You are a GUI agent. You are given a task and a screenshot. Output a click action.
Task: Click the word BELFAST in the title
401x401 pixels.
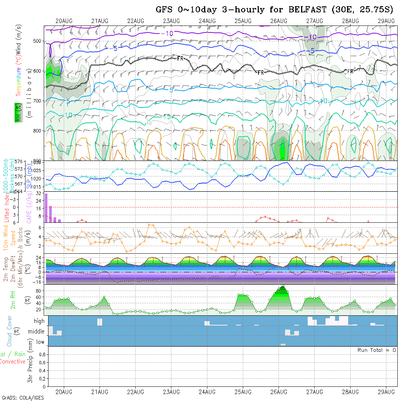pos(308,10)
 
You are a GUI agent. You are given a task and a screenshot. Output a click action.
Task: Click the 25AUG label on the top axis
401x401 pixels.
pos(243,21)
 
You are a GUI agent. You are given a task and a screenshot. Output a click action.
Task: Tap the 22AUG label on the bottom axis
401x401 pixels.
pos(135,392)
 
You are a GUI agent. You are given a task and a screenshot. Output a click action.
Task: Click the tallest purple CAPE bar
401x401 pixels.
pos(46,208)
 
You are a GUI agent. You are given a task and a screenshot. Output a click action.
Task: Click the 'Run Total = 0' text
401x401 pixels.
pos(377,350)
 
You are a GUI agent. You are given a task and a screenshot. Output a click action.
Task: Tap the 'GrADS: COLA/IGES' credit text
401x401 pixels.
pos(23,398)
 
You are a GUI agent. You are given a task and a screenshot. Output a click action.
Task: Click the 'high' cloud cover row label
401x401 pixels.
pos(39,321)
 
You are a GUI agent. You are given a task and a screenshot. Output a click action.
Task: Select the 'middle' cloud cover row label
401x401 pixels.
pos(36,332)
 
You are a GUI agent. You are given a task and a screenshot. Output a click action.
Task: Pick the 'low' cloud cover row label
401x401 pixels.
pos(40,342)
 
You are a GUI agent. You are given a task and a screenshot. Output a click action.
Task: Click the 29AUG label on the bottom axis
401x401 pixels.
pos(386,392)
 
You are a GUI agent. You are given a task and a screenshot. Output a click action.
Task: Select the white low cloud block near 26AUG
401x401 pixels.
pos(283,344)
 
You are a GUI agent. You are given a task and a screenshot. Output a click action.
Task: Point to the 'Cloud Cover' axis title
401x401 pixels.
pos(9,331)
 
